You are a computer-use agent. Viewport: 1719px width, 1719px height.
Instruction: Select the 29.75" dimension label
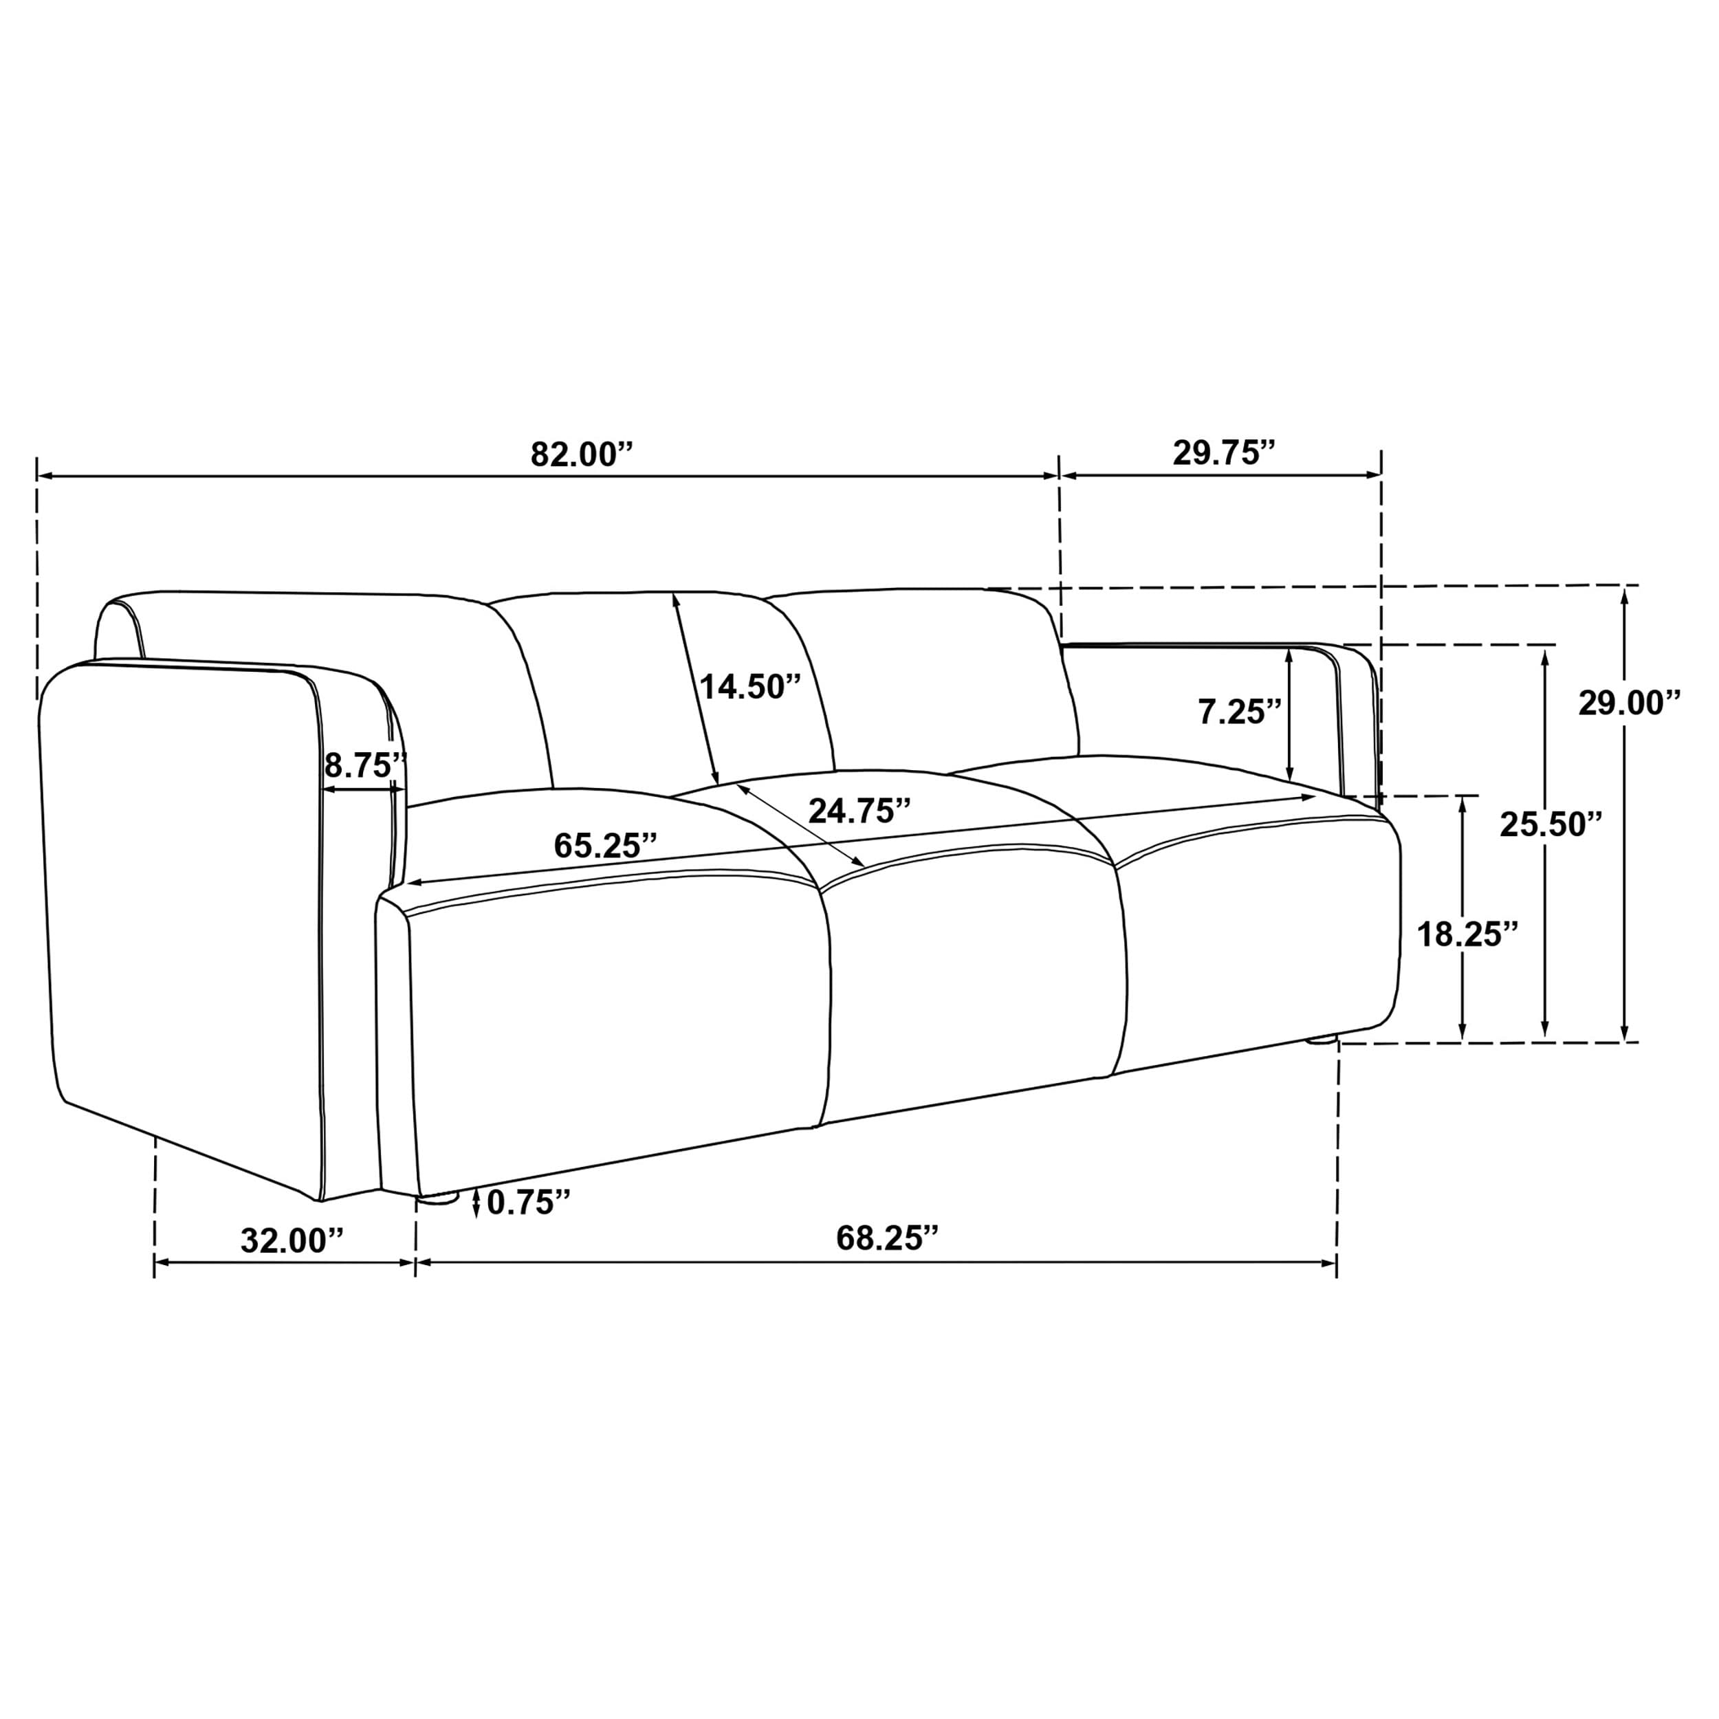coord(1223,453)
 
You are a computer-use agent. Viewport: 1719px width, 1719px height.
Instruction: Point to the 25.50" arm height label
coord(1551,825)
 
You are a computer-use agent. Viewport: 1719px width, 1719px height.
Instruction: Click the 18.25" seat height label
coord(1467,935)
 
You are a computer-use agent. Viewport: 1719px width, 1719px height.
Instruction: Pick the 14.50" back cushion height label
coord(750,687)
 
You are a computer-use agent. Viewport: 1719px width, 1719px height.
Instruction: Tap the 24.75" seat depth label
coord(859,811)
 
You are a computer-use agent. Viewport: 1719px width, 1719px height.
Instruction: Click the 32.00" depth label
coord(292,1241)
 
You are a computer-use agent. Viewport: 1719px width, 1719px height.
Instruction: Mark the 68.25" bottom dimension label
coord(887,1238)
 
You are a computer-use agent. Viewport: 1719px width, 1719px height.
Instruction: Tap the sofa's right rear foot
coord(1322,1038)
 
